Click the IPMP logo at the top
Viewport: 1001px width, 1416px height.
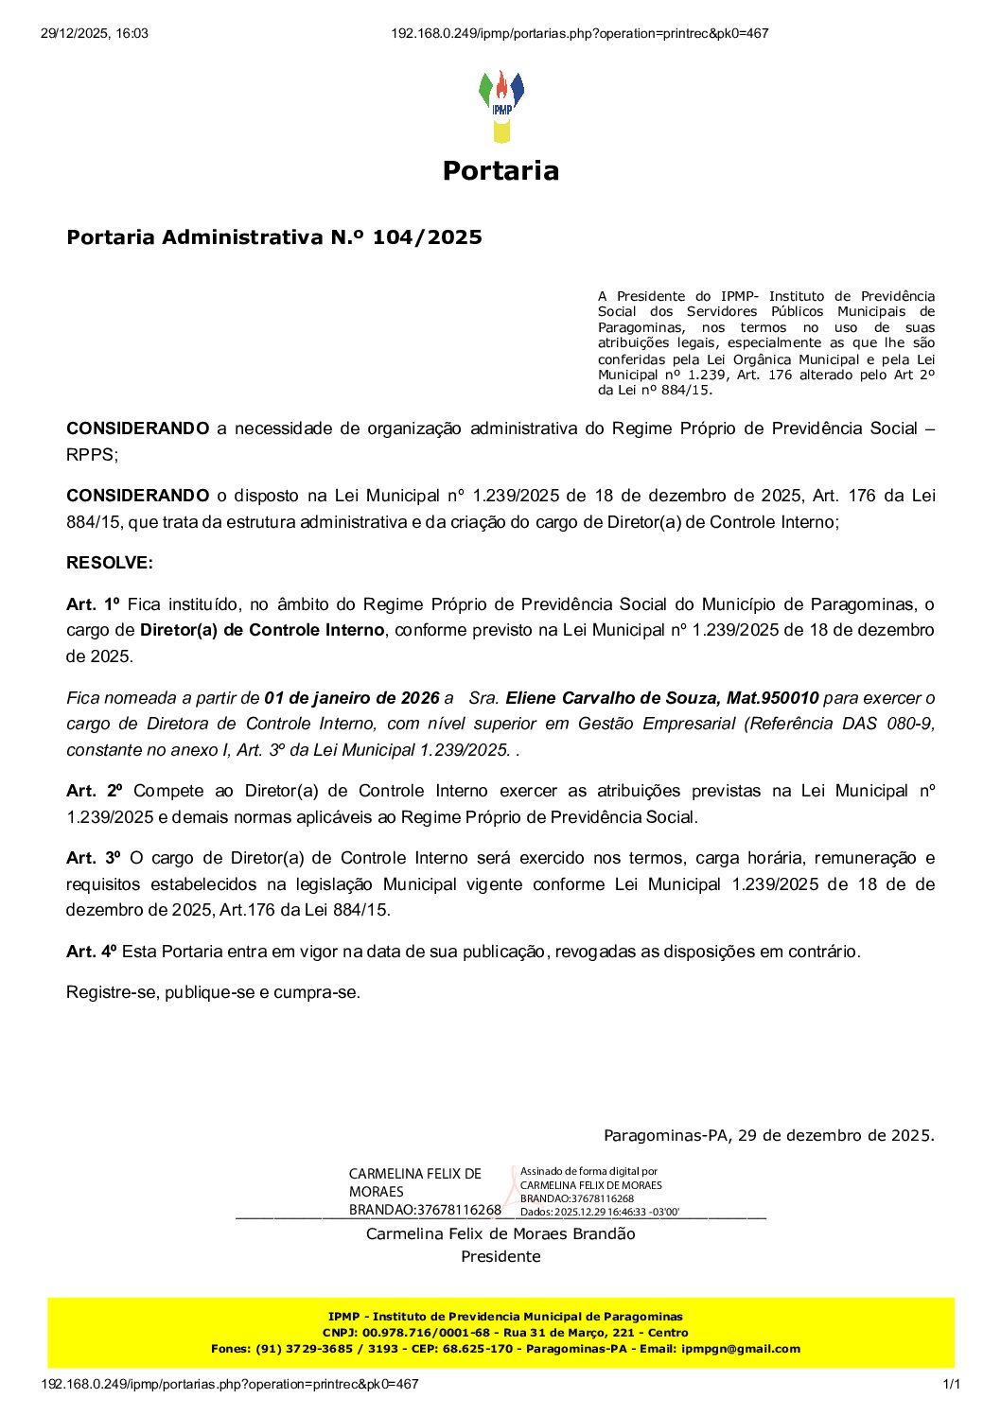500,105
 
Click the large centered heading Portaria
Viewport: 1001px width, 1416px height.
500,171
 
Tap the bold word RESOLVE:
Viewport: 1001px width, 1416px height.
109,563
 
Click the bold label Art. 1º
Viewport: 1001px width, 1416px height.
94,604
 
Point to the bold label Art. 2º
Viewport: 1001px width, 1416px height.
95,791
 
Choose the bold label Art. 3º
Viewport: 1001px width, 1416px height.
94,858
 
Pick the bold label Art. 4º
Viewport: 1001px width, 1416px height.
91,952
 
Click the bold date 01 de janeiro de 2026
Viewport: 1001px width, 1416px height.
352,698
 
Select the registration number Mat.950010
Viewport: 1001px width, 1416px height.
772,698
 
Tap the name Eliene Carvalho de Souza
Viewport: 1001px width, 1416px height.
612,698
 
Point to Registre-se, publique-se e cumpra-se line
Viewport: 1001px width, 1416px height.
213,992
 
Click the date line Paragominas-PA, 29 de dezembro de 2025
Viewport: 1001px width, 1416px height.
768,1135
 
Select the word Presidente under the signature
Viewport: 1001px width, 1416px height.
500,1256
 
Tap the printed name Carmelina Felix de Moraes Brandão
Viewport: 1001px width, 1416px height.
500,1233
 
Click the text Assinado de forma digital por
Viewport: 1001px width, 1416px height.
588,1171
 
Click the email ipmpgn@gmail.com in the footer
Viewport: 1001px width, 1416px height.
740,1349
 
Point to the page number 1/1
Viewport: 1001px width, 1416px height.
952,1385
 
